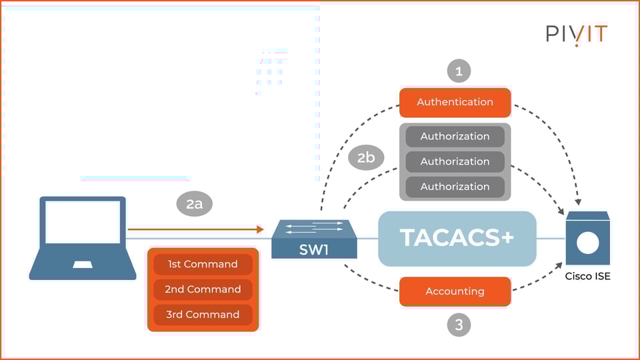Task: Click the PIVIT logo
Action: tap(577, 35)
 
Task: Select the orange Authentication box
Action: tap(455, 102)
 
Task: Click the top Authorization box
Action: tap(455, 136)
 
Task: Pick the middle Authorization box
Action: tap(455, 161)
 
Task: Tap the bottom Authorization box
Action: tap(455, 187)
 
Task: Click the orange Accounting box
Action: tap(455, 291)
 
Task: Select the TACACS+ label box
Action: tap(457, 238)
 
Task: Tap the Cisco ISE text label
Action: tap(587, 277)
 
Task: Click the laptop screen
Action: tap(83, 222)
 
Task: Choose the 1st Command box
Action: tap(203, 264)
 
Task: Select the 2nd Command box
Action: tap(203, 289)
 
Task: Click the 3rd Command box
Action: tap(203, 314)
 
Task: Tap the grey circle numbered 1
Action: tap(458, 71)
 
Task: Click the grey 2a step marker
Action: tap(194, 204)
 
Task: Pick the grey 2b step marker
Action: tap(366, 157)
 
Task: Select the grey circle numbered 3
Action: tap(458, 325)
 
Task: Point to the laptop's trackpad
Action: tap(83, 265)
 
